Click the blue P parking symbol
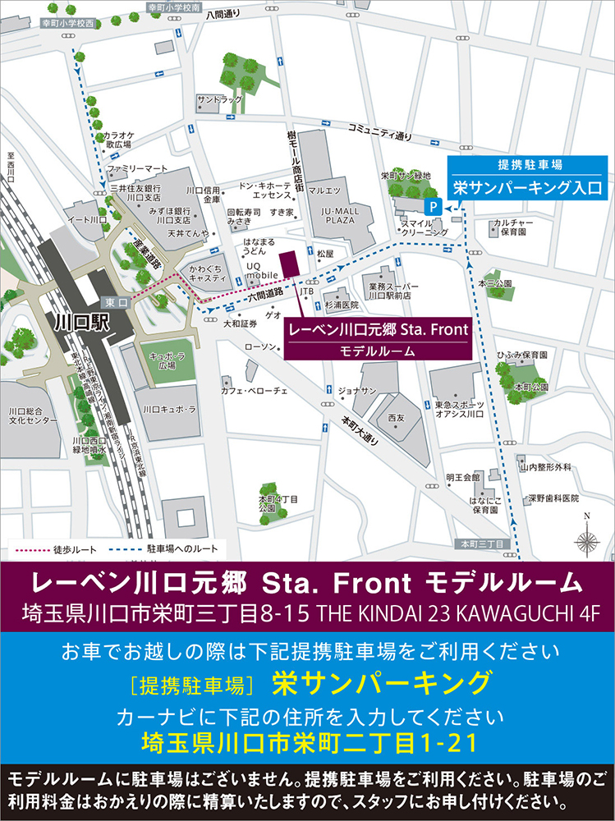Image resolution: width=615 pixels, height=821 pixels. tap(432, 206)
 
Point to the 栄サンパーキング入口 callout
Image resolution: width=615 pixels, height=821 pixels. tap(527, 187)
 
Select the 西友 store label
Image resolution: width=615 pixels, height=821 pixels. tap(397, 418)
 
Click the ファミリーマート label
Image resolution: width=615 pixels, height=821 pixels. tap(137, 167)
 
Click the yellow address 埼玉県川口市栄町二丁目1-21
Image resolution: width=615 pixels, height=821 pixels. tap(307, 743)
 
